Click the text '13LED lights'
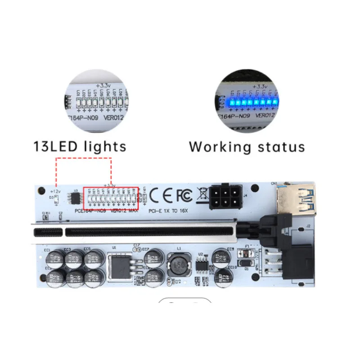(80, 146)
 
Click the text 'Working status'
(247, 147)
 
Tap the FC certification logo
(184, 195)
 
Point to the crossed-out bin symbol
(202, 194)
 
